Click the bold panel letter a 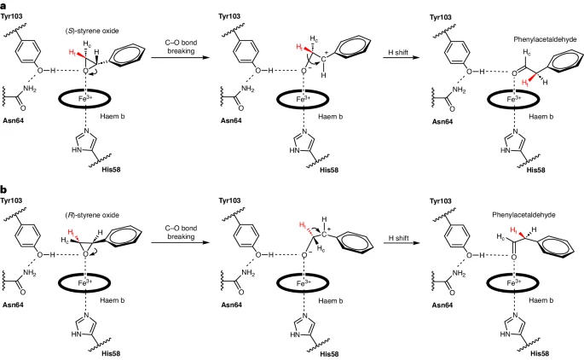[6, 6]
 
